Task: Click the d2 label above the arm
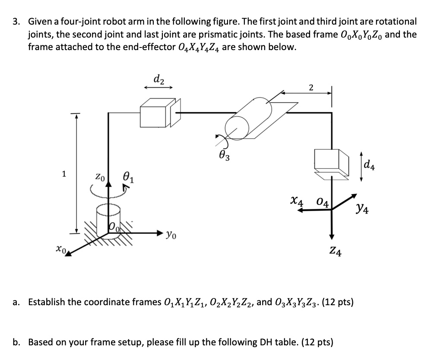click(158, 79)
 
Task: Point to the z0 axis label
click(100, 177)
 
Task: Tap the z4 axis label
click(336, 251)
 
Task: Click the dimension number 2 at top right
click(311, 88)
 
